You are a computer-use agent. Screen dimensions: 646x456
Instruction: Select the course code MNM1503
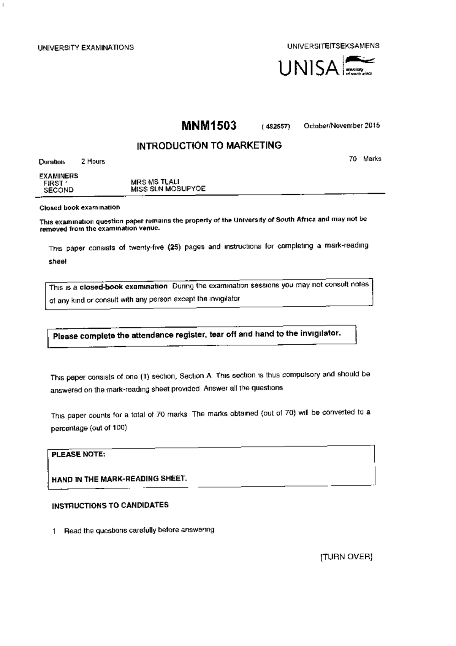(x=209, y=126)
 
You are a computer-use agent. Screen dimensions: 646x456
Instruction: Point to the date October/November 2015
(x=342, y=126)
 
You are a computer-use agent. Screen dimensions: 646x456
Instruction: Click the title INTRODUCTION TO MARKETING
(x=209, y=146)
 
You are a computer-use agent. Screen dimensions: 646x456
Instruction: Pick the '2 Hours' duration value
(x=93, y=161)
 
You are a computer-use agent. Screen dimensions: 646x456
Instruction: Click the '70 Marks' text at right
(x=365, y=159)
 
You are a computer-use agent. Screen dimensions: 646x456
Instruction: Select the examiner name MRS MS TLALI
(x=155, y=182)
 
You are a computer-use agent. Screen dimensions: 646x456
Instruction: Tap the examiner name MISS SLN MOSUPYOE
(x=168, y=189)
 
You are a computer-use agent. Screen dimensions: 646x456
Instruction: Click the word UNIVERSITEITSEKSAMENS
(x=333, y=46)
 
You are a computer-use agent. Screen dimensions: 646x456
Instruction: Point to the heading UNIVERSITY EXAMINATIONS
(x=85, y=48)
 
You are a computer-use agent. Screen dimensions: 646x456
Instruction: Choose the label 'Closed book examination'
(x=80, y=208)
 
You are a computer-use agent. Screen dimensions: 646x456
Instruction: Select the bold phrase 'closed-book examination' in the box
(x=123, y=287)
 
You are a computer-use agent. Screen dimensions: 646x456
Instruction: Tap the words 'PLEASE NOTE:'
(x=78, y=454)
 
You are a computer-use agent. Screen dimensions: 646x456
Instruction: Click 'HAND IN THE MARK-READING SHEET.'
(x=119, y=479)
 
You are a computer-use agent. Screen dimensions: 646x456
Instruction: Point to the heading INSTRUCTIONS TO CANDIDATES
(x=110, y=506)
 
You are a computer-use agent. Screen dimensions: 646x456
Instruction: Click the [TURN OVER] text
(x=346, y=557)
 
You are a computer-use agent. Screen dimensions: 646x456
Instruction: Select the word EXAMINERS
(x=59, y=176)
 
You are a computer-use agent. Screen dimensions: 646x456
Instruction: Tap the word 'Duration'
(x=52, y=162)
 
